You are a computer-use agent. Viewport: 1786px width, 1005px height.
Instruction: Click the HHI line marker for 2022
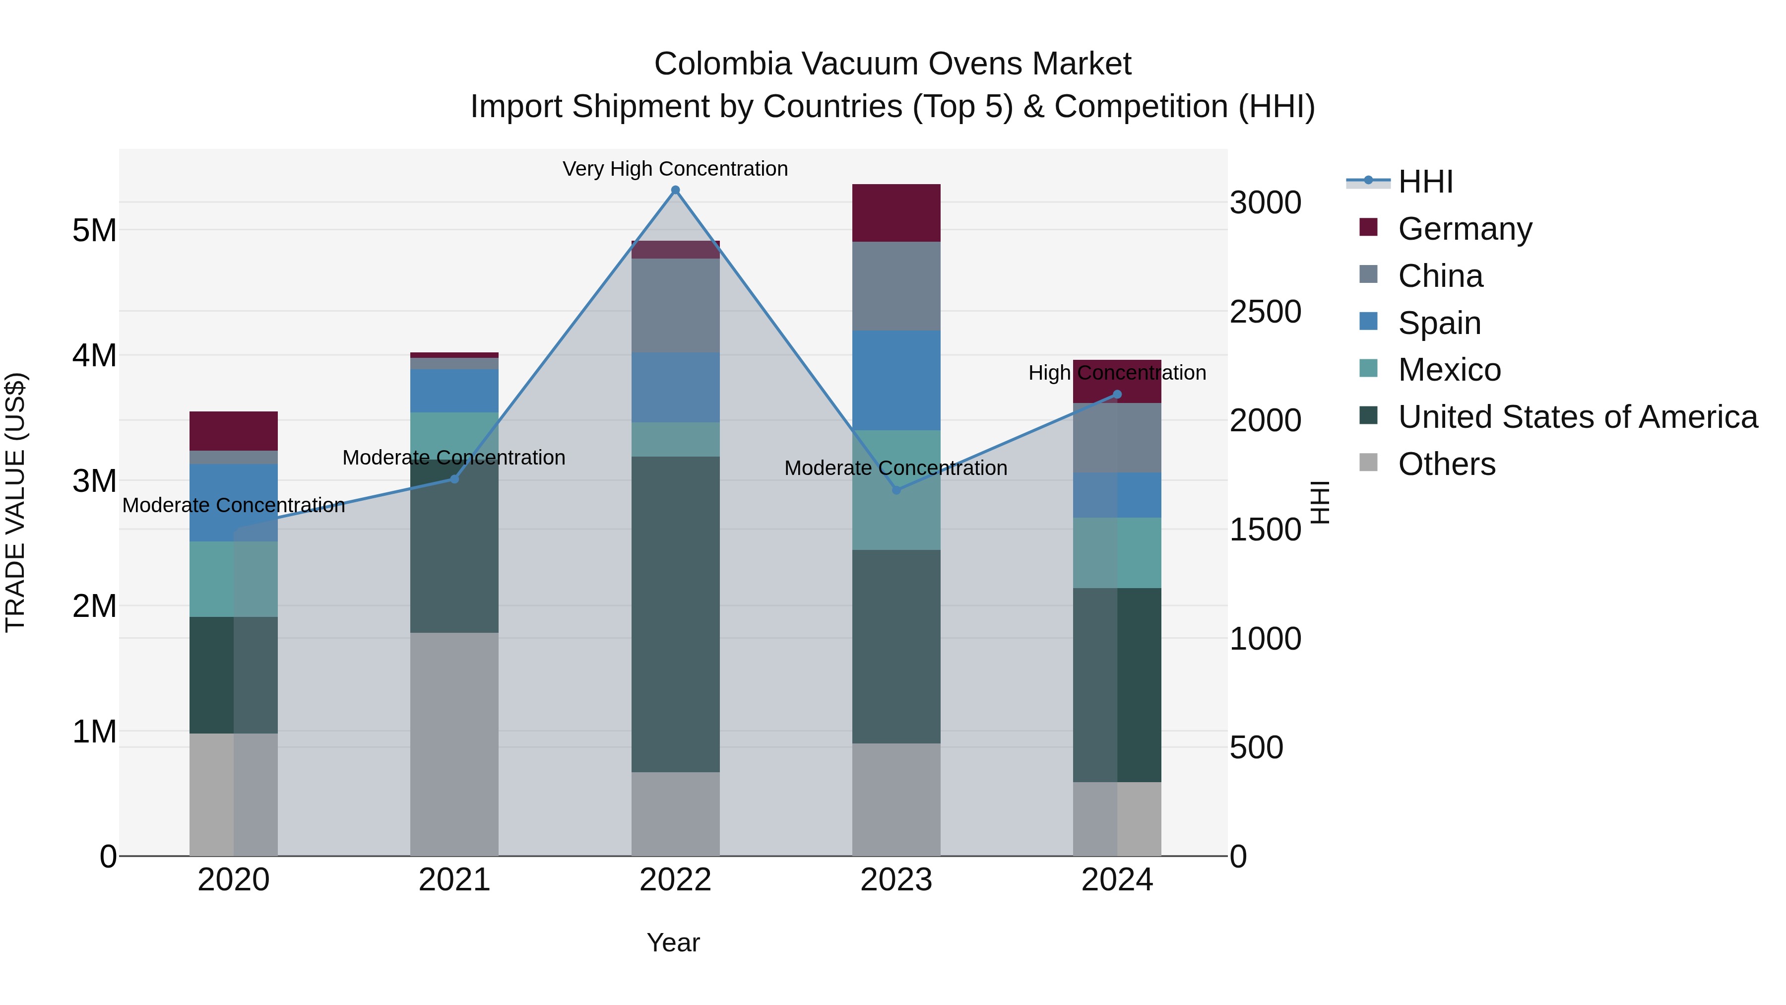click(x=675, y=190)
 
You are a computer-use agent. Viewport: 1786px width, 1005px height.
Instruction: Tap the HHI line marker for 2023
click(x=896, y=490)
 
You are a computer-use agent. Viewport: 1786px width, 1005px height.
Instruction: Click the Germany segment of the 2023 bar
click(x=896, y=213)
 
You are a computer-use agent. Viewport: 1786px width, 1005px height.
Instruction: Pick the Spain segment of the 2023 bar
click(x=896, y=380)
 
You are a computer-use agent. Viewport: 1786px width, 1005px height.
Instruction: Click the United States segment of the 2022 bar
click(x=675, y=614)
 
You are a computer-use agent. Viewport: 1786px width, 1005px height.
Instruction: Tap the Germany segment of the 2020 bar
click(x=234, y=431)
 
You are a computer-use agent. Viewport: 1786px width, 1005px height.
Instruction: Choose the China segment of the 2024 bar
click(x=1116, y=438)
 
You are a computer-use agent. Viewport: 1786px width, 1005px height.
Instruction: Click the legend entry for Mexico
click(x=1449, y=370)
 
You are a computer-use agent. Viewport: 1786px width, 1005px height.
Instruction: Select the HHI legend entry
click(x=1425, y=182)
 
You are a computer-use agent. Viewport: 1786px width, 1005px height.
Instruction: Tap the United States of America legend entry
click(x=1577, y=417)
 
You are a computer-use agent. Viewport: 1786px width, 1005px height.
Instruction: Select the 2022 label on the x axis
click(x=675, y=880)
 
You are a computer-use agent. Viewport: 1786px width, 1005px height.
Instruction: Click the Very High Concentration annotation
click(x=675, y=169)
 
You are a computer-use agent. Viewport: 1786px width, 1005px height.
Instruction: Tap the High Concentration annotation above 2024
click(x=1116, y=372)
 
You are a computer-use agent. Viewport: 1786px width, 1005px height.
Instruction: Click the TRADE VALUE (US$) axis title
click(x=15, y=502)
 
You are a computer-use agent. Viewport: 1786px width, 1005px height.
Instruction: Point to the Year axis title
click(x=673, y=942)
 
